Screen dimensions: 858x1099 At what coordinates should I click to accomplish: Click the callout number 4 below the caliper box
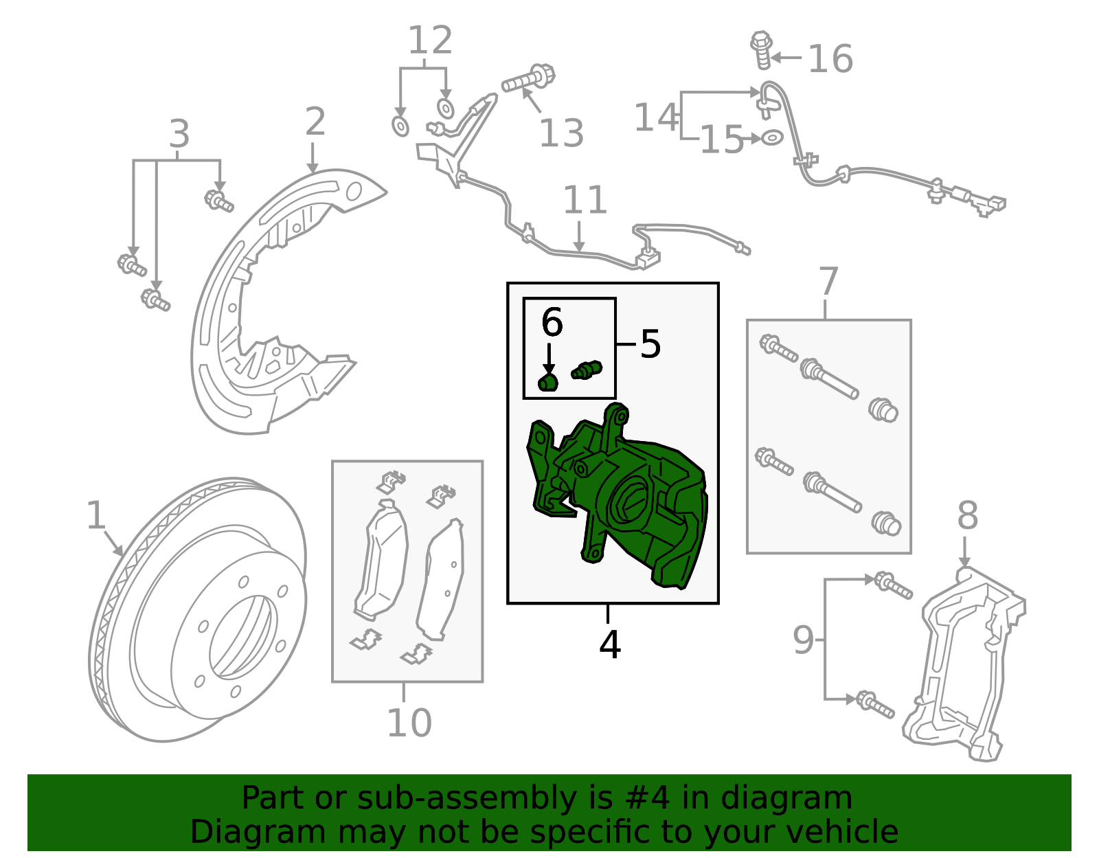point(609,644)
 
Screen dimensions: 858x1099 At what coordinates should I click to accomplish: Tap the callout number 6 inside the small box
point(552,322)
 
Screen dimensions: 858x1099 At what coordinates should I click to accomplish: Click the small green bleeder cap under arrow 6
point(547,382)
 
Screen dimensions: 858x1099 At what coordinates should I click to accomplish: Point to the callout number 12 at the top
point(430,41)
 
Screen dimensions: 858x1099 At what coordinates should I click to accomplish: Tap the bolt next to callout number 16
point(762,50)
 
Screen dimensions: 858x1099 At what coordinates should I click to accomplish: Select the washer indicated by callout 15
point(772,137)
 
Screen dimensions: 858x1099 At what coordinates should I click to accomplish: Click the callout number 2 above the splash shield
point(315,122)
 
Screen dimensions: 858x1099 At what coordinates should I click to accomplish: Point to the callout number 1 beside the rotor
point(95,515)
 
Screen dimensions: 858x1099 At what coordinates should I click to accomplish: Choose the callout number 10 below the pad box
point(409,723)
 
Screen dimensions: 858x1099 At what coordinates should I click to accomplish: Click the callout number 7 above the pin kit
point(828,282)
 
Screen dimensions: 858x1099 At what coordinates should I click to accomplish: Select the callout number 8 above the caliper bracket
point(967,515)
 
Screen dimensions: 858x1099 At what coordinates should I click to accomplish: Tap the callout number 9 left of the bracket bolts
point(803,640)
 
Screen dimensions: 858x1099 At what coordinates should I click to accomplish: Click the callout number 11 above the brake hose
point(585,201)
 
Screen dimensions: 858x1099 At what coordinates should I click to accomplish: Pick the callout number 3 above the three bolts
point(179,134)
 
